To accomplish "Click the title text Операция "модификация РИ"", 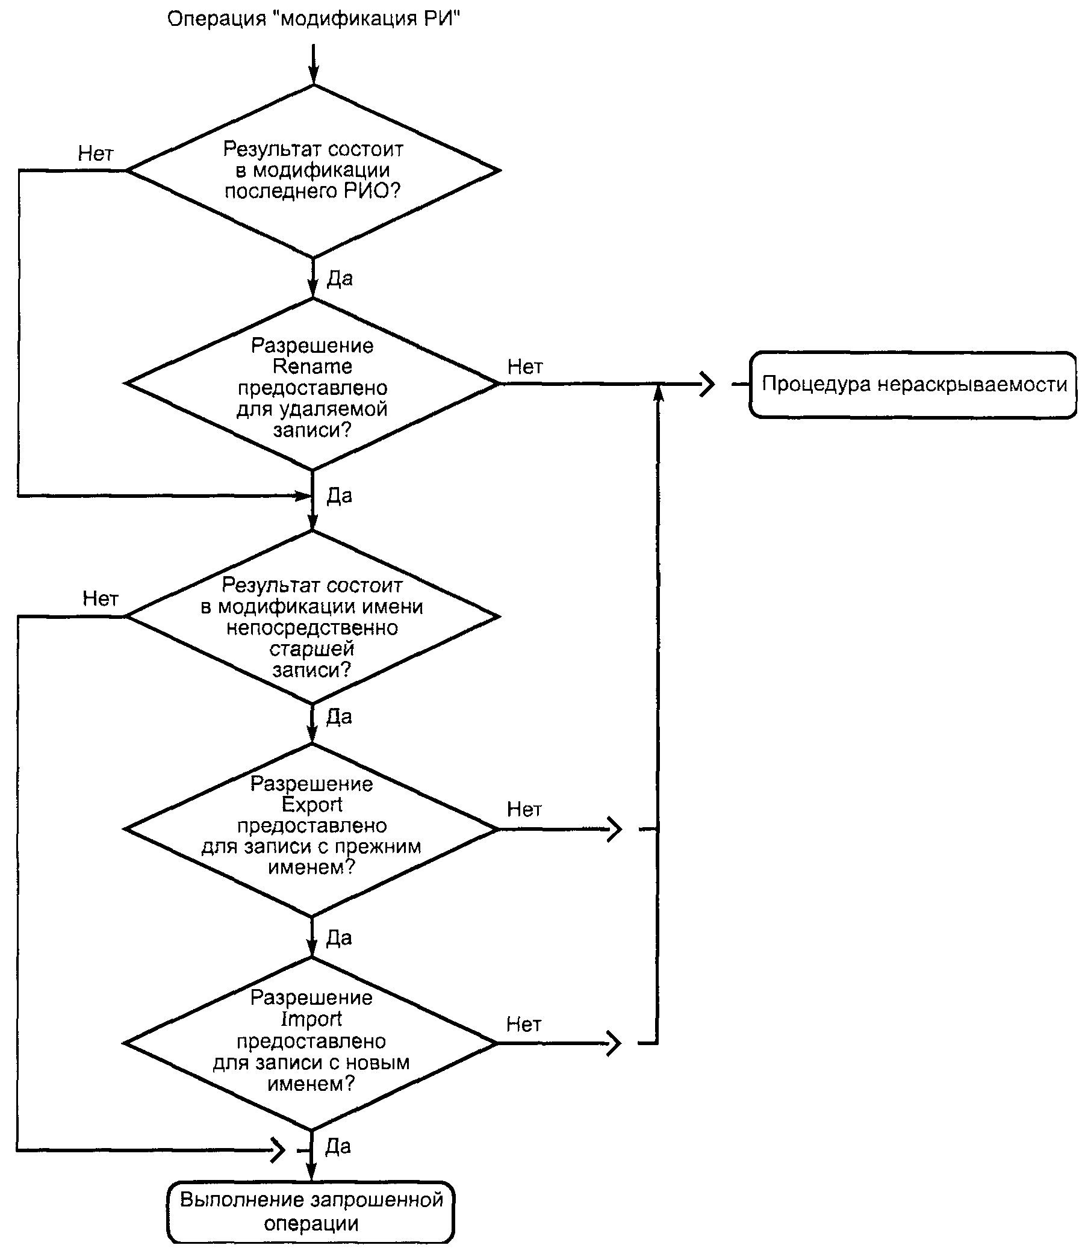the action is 314,19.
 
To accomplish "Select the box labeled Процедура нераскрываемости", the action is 913,385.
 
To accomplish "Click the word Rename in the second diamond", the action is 312,367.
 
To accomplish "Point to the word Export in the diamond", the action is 312,805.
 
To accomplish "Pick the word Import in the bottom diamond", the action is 311,1019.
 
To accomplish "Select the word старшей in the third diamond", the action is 312,650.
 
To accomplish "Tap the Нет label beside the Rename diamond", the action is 525,367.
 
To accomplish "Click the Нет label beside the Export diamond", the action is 524,809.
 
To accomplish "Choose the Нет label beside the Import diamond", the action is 524,1025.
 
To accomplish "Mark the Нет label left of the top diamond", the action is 96,154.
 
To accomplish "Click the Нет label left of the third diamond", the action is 101,598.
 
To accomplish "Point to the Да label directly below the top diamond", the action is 340,278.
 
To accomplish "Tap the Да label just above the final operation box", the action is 338,1146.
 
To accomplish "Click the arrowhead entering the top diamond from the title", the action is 313,76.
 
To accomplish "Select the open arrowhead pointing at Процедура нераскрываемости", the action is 707,383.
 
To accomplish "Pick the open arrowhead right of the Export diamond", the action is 615,829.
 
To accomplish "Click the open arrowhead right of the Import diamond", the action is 614,1043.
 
